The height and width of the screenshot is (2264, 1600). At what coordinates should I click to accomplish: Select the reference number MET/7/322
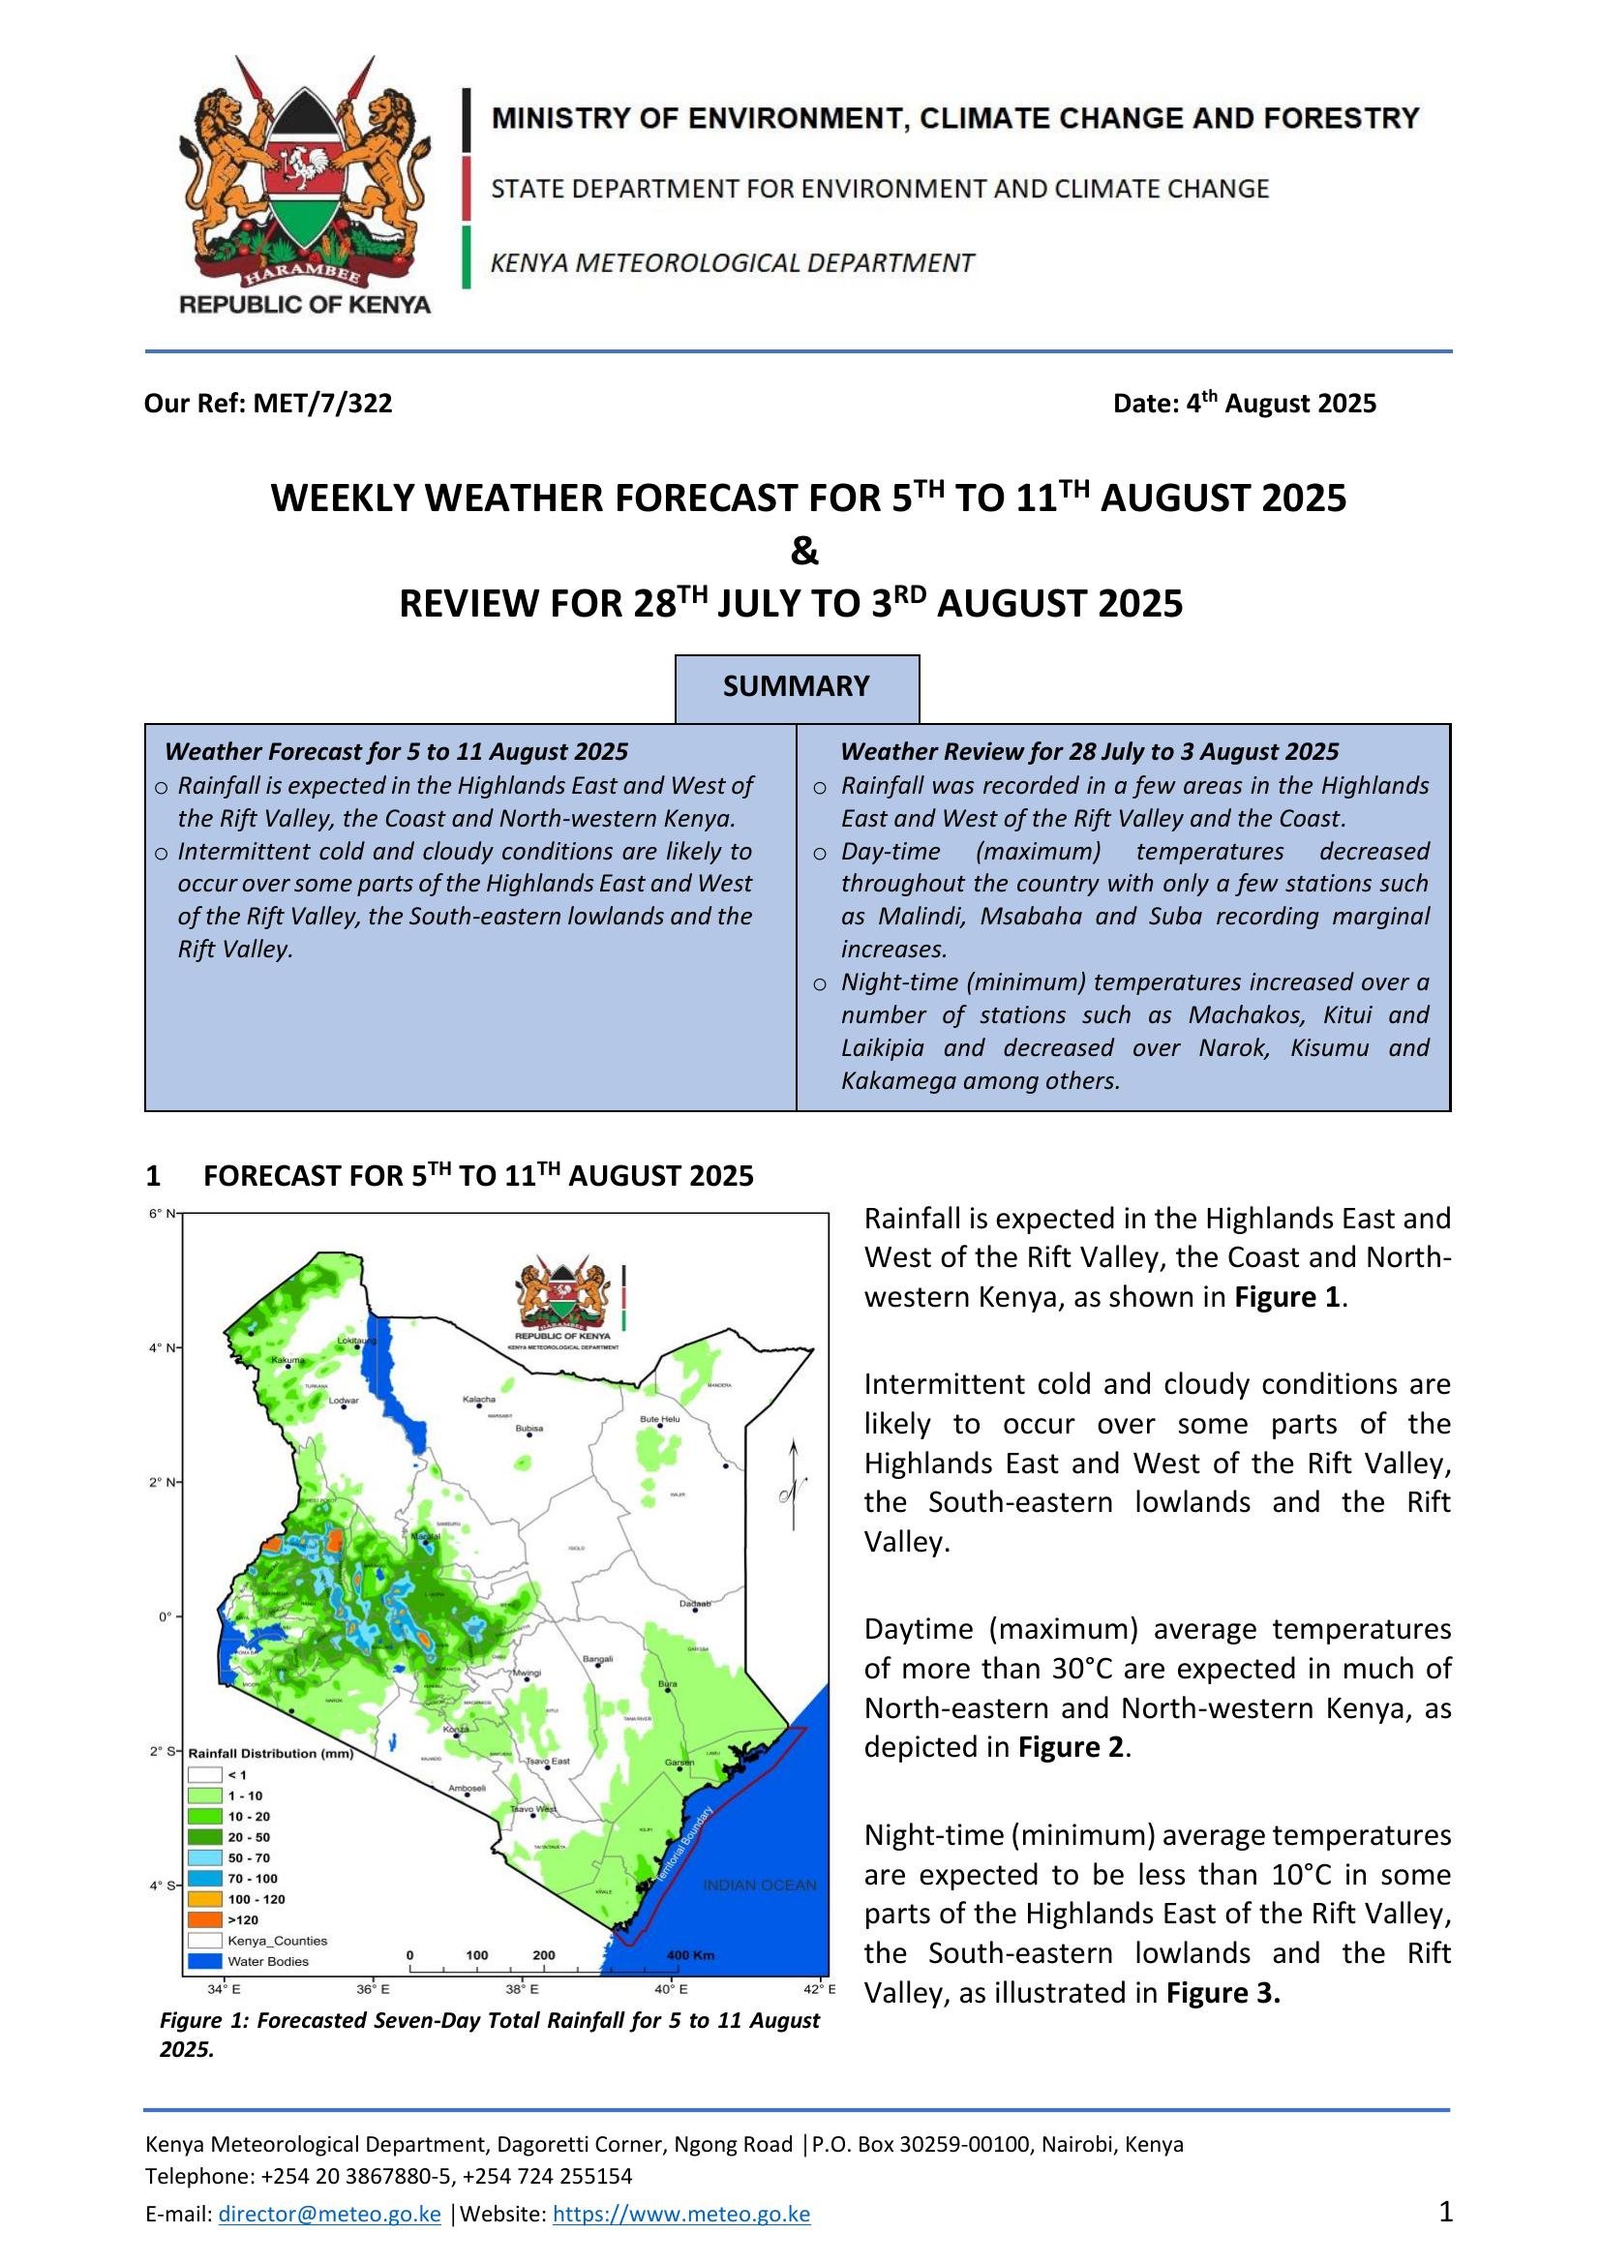point(321,404)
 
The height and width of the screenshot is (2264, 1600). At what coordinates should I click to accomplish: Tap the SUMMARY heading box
point(797,686)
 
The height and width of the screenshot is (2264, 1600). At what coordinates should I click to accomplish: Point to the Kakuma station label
point(287,1361)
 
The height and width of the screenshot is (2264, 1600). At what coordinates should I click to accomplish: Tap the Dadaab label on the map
point(695,1604)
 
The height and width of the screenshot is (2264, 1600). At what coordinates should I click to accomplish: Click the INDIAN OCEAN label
point(759,1886)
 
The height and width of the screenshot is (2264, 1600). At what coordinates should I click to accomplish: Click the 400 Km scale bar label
point(690,1955)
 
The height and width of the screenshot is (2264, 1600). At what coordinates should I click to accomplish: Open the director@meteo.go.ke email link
point(329,2214)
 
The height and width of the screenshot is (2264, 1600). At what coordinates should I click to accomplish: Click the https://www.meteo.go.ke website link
point(681,2214)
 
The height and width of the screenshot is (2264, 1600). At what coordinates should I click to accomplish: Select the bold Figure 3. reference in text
point(1223,1993)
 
